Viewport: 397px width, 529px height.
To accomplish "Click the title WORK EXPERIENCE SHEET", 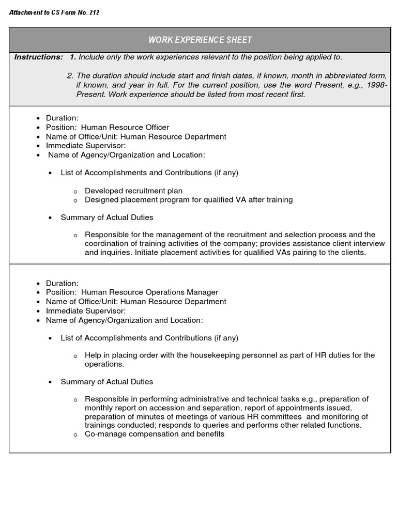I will [200, 40].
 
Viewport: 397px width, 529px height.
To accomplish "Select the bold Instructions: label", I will [39, 57].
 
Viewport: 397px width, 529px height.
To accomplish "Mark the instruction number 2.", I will [70, 76].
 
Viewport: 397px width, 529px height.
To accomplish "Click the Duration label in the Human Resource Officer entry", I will [62, 118].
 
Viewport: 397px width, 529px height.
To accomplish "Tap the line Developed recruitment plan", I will [133, 191].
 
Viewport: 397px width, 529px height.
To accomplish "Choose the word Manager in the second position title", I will [202, 292].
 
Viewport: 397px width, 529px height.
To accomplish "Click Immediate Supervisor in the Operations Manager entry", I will [86, 311].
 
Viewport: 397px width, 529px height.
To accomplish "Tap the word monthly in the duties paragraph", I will [99, 408].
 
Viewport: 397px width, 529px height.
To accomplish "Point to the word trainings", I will [101, 425].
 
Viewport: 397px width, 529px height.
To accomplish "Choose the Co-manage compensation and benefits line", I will [155, 434].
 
